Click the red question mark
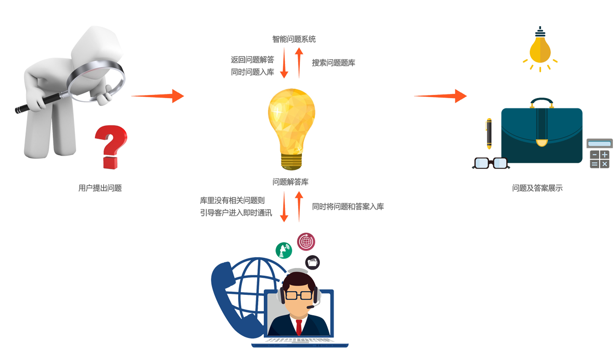[x=110, y=144]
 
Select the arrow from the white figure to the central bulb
[x=157, y=96]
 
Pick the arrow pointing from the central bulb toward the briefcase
[x=440, y=96]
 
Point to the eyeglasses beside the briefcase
[x=490, y=163]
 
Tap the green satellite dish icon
[x=283, y=250]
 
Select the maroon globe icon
[x=306, y=241]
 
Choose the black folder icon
[x=313, y=262]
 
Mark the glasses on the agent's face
[x=298, y=295]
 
